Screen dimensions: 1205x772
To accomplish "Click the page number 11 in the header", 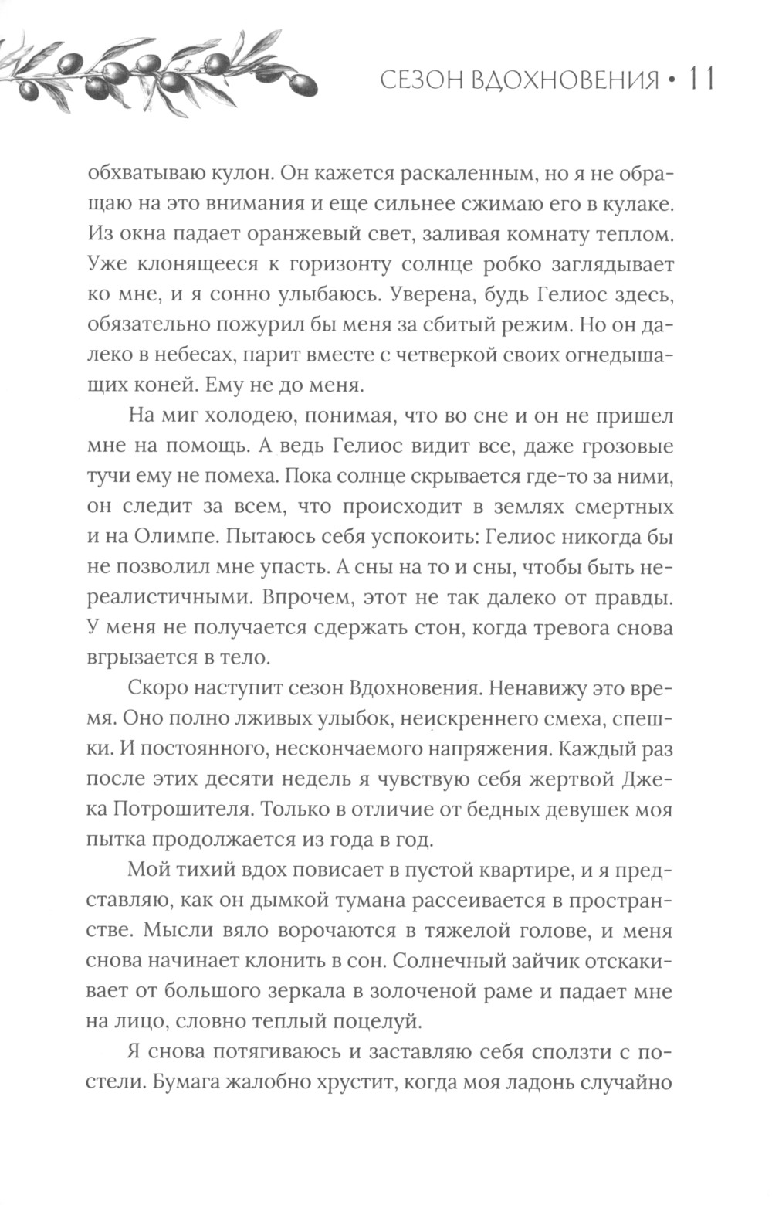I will [x=700, y=79].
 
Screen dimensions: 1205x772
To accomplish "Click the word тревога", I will [x=576, y=628].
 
